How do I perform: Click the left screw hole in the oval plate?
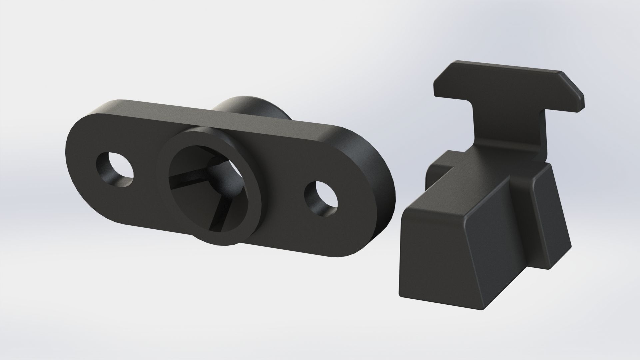(115, 169)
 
